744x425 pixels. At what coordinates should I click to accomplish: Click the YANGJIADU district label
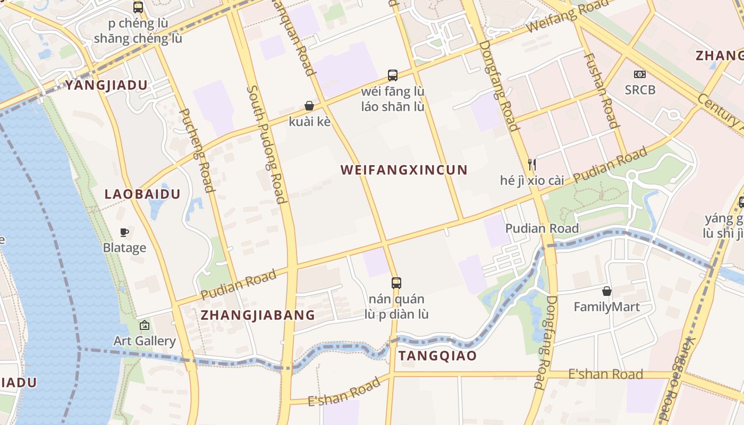point(106,85)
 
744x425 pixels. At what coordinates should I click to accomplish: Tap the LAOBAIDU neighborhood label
point(142,194)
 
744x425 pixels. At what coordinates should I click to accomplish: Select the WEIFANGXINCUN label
point(404,170)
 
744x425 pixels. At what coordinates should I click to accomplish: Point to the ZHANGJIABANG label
point(258,315)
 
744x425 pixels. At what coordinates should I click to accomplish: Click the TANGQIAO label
point(437,356)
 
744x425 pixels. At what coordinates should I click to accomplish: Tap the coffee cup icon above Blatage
point(124,232)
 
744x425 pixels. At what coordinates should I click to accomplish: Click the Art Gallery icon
point(144,325)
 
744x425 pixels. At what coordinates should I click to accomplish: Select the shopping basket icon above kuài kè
point(309,106)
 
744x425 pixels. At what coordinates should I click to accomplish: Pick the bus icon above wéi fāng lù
point(393,75)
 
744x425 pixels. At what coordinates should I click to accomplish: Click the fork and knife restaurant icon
point(532,164)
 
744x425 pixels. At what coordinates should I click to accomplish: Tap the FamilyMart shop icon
point(606,291)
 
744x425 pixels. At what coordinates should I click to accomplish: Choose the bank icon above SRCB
point(640,74)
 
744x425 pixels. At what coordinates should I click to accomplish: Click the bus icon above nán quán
point(396,283)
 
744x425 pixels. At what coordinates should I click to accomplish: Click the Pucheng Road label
point(196,150)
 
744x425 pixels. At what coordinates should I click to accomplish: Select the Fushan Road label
point(602,90)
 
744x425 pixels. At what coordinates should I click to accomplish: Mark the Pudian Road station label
point(542,228)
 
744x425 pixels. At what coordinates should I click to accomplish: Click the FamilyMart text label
point(606,307)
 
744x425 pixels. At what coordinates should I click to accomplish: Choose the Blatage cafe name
point(124,248)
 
